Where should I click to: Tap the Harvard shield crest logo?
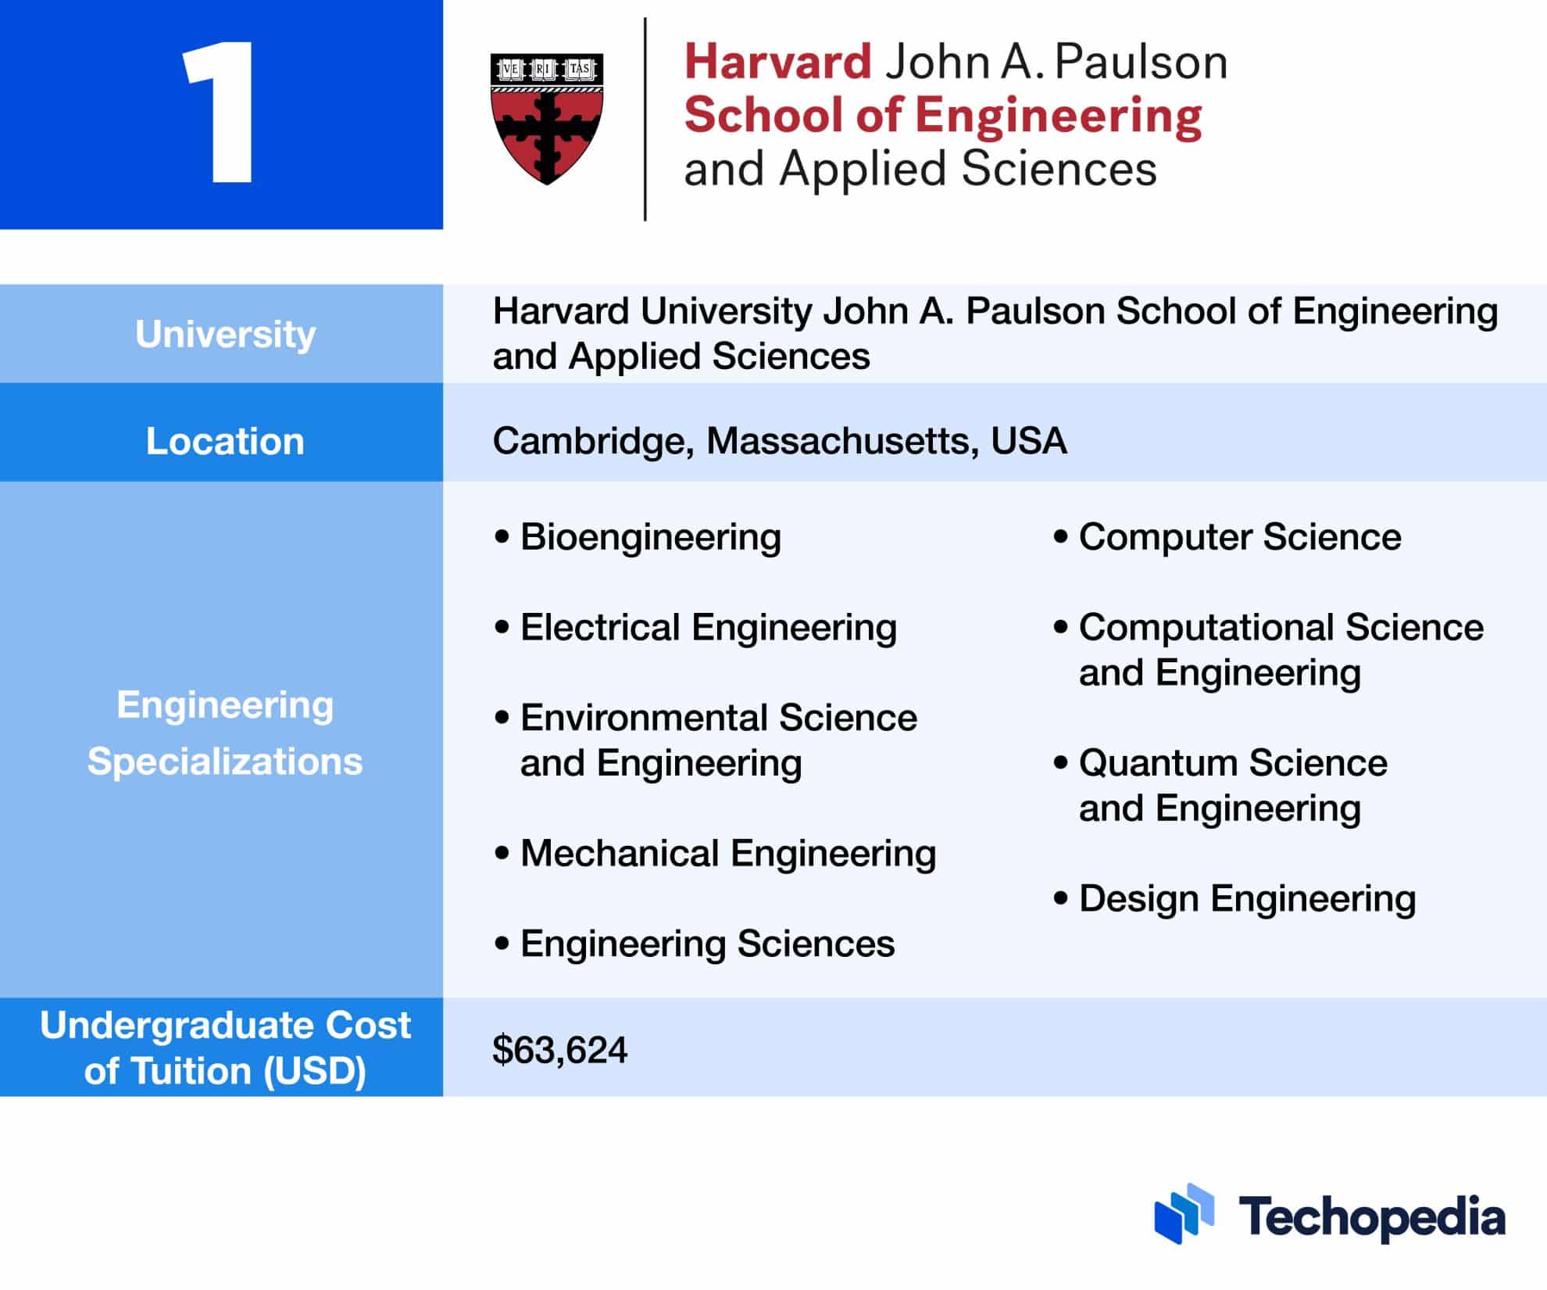[x=547, y=118]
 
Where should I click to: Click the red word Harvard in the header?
[x=777, y=62]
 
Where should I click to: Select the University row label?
[x=225, y=334]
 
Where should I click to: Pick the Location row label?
[x=225, y=441]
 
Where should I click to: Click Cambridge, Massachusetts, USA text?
[x=779, y=441]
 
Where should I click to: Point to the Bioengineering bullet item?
[x=650, y=537]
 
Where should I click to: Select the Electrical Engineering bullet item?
[x=708, y=627]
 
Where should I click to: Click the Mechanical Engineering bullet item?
[x=727, y=853]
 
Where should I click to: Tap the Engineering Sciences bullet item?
[x=707, y=944]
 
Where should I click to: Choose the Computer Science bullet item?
[x=1239, y=537]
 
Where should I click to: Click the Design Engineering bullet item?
[x=1247, y=898]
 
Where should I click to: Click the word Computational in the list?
[x=1206, y=627]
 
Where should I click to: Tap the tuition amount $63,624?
[x=559, y=1049]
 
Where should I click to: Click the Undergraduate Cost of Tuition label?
[x=225, y=1048]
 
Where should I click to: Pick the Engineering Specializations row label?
[x=225, y=733]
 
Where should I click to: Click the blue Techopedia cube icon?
[x=1184, y=1213]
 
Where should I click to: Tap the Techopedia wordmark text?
[x=1371, y=1217]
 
